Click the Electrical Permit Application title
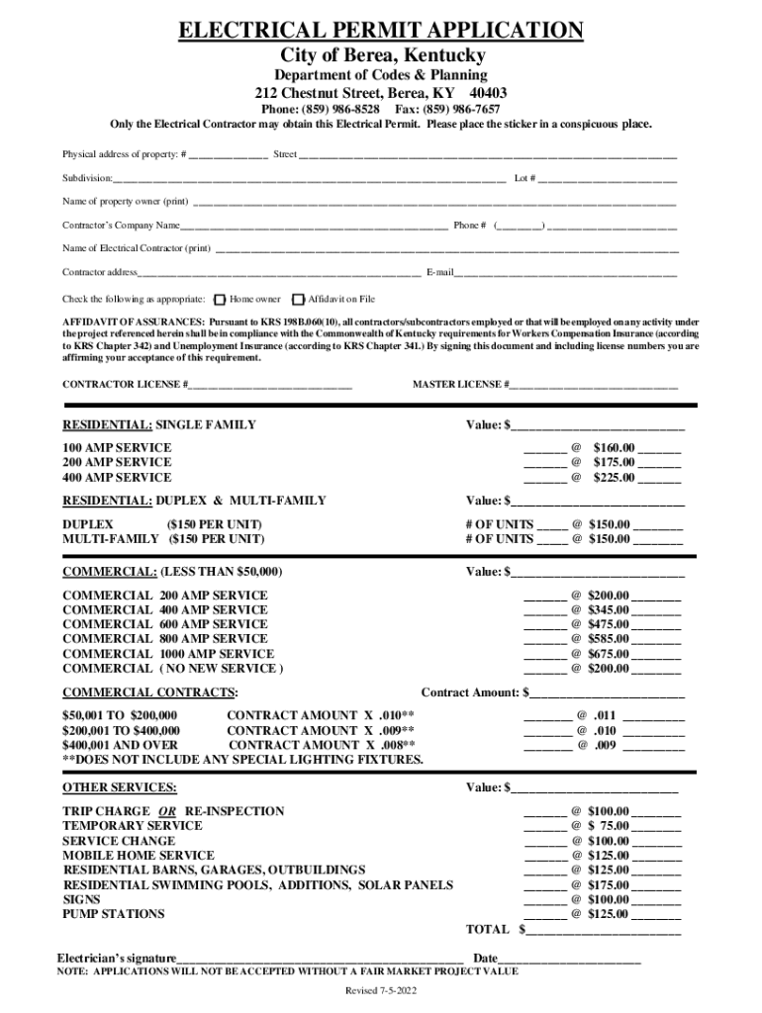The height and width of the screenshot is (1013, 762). click(381, 32)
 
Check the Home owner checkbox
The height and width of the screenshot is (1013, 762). click(220, 299)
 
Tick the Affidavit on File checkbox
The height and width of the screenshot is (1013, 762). click(299, 299)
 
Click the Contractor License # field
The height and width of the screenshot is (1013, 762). click(271, 385)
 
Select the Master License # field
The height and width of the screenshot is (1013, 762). click(594, 385)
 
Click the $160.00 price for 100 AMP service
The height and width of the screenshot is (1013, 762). click(613, 448)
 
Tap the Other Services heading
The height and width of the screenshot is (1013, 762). click(120, 787)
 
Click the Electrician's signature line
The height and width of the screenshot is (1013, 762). click(321, 959)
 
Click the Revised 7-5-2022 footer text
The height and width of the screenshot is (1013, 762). click(381, 991)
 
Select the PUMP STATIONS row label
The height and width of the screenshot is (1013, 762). click(114, 914)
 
